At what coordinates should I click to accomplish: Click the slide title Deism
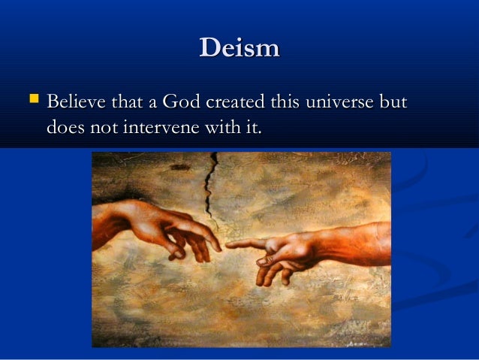[239, 49]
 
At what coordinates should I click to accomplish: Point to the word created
[243, 101]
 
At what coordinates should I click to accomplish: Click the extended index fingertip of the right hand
[229, 245]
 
